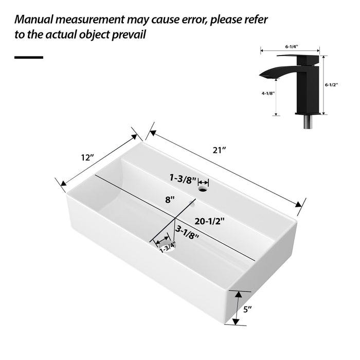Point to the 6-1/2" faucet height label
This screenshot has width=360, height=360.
click(332, 85)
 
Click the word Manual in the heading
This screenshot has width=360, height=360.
click(40, 20)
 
